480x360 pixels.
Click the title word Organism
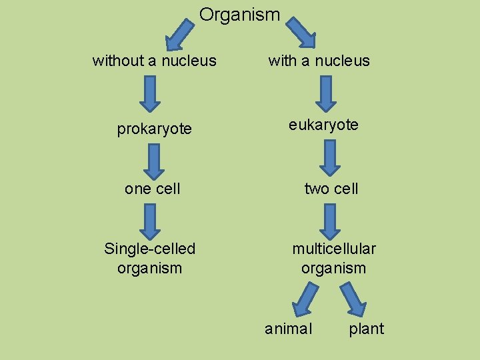[239, 15]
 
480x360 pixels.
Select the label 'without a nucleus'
[154, 61]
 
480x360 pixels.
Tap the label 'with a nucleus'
[319, 61]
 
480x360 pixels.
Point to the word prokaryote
[154, 129]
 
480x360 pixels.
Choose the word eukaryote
[323, 125]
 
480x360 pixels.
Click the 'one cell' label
[152, 189]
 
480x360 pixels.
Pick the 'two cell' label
[331, 189]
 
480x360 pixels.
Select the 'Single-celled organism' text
[150, 259]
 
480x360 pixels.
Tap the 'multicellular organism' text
[333, 259]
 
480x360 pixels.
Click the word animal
[288, 329]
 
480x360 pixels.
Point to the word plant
[366, 329]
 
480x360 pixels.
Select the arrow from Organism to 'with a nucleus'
[301, 32]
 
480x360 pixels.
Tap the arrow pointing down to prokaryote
[150, 93]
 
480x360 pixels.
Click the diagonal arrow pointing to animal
[305, 299]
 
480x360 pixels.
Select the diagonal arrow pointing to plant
[353, 299]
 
